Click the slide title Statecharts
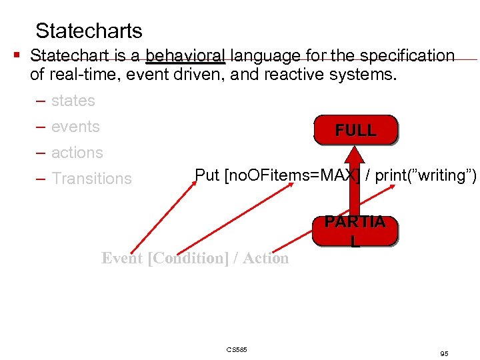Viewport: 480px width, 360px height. pos(89,31)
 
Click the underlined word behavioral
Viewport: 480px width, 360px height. pos(186,55)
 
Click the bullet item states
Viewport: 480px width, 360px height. pos(73,101)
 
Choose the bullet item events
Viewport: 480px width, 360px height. pos(75,127)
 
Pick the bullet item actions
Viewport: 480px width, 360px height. pos(77,153)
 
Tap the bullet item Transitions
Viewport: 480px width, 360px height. pos(91,179)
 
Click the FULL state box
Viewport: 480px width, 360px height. pos(355,130)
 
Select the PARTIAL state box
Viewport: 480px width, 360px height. pos(355,231)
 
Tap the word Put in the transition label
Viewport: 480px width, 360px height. pos(207,175)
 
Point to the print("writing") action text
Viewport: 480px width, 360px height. pos(424,175)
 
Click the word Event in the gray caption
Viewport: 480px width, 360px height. pos(122,258)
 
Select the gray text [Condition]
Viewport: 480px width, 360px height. pos(189,258)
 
